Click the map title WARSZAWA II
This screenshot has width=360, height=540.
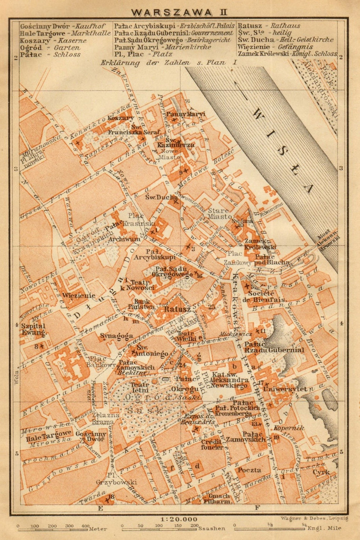coord(179,12)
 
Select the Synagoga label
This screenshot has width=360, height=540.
coord(111,336)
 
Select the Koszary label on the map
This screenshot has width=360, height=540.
coord(121,118)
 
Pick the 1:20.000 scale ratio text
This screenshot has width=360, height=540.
coord(179,519)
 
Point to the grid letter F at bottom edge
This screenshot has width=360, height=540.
coord(257,508)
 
